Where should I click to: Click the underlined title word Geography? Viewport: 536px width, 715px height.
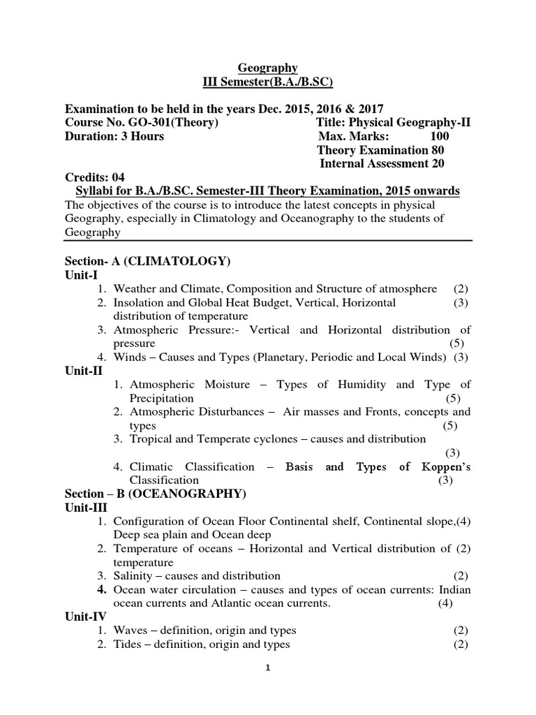pos(268,68)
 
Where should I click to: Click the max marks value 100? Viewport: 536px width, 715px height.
pos(440,136)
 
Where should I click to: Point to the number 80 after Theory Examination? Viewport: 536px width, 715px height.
pos(437,150)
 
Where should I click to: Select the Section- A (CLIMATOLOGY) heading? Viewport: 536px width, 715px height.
pos(147,261)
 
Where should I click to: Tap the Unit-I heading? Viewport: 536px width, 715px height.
pos(82,275)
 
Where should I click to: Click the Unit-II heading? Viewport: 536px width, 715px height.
pos(84,371)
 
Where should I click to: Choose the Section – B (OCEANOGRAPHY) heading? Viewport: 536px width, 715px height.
pos(156,494)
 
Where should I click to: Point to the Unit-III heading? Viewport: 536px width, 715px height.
pos(86,508)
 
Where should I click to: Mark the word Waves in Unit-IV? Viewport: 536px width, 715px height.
pos(131,631)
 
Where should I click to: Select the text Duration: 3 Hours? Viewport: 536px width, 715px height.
pos(114,136)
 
